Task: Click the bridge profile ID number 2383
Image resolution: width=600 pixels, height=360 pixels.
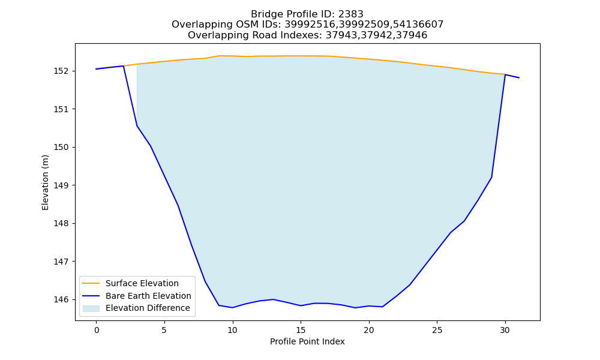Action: click(x=350, y=14)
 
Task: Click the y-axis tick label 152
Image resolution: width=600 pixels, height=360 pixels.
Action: click(x=62, y=71)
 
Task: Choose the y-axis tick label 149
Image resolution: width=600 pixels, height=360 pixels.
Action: click(x=62, y=185)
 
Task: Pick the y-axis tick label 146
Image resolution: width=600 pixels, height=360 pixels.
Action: click(x=62, y=299)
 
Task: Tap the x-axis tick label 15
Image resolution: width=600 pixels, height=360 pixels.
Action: click(x=301, y=330)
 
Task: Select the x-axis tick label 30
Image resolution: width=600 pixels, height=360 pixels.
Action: click(x=505, y=330)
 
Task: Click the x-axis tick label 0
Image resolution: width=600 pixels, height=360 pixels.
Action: click(x=97, y=330)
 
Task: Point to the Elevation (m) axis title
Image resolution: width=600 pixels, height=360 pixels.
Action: click(x=45, y=182)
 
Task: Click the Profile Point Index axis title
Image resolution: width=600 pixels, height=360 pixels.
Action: click(x=307, y=341)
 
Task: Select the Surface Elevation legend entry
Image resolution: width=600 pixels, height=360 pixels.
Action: click(x=142, y=283)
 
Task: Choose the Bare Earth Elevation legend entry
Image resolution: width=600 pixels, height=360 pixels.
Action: click(x=148, y=296)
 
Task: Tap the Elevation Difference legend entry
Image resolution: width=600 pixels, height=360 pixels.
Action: click(x=148, y=308)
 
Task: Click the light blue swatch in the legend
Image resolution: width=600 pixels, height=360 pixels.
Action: click(x=91, y=308)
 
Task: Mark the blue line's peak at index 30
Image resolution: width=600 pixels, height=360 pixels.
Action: click(x=505, y=74)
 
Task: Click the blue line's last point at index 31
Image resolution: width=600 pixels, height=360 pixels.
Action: click(x=519, y=77)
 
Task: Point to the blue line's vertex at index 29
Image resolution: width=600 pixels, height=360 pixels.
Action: click(x=491, y=178)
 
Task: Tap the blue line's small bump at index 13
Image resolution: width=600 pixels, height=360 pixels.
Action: click(x=273, y=299)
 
